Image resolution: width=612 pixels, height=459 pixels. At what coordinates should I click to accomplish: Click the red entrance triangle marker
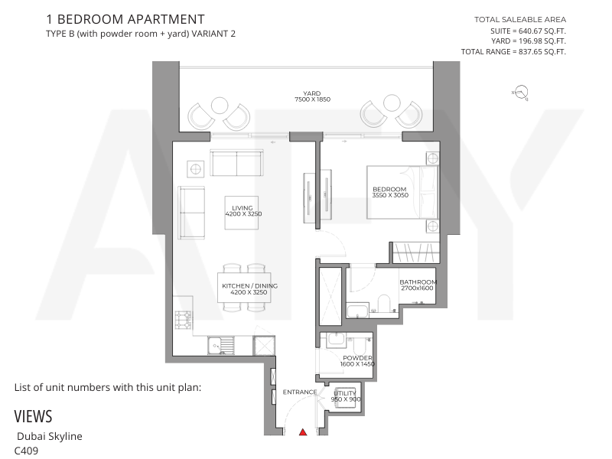303,431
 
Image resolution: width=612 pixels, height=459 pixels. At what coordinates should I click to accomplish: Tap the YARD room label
312,93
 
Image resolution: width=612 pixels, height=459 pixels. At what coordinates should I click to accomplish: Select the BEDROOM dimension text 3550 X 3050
390,195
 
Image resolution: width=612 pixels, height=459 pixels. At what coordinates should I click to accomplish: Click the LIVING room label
243,208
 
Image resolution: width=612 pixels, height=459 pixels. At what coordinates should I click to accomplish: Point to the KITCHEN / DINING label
250,285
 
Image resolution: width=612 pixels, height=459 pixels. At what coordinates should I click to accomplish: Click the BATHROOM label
418,282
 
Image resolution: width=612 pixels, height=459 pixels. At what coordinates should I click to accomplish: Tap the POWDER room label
357,358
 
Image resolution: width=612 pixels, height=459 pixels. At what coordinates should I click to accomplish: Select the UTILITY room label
345,393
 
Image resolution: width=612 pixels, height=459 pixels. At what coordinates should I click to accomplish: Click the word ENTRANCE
300,392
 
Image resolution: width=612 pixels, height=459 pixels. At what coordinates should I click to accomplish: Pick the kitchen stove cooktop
183,320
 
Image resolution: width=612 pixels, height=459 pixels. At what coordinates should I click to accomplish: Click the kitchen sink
221,346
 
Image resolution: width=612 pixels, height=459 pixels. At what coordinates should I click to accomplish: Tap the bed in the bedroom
402,192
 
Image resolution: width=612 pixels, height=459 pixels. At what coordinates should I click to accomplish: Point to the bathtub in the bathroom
357,312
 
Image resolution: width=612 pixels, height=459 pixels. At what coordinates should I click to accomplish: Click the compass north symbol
521,93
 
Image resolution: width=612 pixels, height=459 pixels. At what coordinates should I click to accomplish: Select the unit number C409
26,451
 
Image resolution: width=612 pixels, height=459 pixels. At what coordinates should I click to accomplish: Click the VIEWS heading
33,416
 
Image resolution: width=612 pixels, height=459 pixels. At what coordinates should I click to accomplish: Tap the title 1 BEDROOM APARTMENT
125,19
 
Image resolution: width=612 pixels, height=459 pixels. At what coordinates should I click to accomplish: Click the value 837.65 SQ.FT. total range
542,51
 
